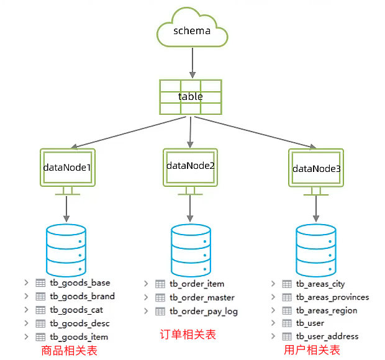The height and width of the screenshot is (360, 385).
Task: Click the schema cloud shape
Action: pos(191,30)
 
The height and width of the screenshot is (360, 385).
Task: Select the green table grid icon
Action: pos(191,97)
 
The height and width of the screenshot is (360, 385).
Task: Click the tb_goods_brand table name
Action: pos(82,296)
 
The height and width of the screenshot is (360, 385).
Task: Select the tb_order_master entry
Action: pos(202,298)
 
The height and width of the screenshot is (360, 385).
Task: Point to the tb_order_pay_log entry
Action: pos(204,312)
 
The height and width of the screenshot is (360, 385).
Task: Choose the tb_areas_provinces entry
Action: pos(332,297)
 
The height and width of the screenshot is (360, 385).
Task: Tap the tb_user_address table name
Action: pos(327,336)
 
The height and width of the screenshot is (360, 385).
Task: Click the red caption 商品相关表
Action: pos(70,351)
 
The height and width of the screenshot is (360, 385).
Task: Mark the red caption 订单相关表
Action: pos(188,335)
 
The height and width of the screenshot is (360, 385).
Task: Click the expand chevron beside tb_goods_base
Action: pos(26,282)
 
